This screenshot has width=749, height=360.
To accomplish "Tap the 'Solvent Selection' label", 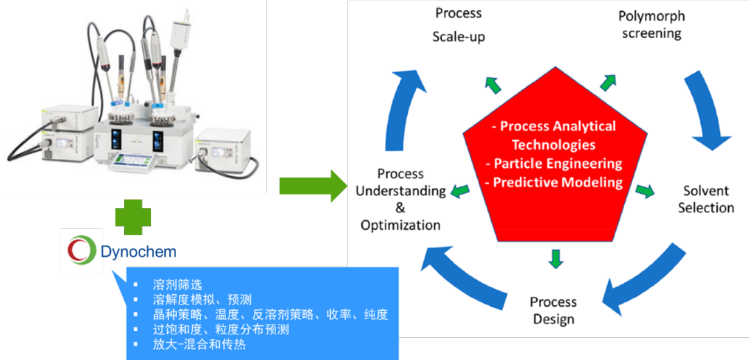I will click(x=705, y=199).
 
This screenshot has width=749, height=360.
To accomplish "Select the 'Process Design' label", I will click(x=553, y=310).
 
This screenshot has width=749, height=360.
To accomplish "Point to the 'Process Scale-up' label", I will click(x=458, y=25).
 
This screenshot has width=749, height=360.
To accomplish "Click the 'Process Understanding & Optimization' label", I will click(x=401, y=199).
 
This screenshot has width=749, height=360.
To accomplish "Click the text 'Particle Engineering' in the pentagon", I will click(x=558, y=164).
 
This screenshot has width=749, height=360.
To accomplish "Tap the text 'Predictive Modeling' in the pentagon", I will click(x=558, y=182).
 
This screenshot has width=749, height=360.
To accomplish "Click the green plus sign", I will click(x=132, y=218).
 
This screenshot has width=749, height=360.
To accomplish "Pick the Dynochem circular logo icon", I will click(x=80, y=250).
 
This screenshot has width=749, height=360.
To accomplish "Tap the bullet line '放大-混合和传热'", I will click(x=199, y=344).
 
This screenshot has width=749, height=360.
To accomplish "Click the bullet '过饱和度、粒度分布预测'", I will click(x=221, y=329).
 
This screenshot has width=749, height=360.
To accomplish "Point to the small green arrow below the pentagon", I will click(x=554, y=257).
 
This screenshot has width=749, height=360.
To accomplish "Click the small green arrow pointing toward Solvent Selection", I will click(x=645, y=191).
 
